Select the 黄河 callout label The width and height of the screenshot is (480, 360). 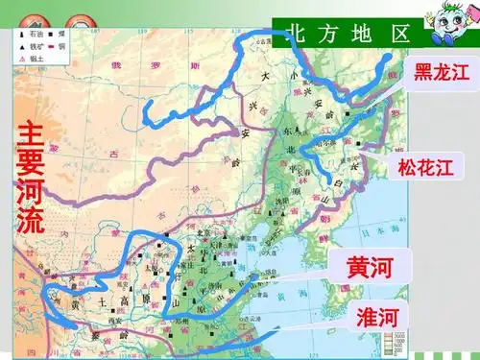coord(364,266)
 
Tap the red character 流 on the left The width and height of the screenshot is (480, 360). coord(31,221)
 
